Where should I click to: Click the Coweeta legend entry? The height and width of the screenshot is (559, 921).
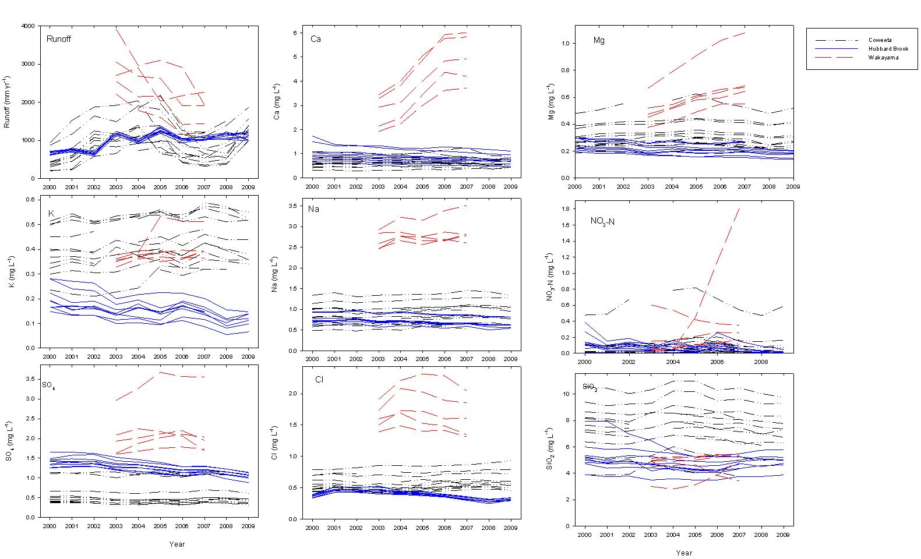[880, 40]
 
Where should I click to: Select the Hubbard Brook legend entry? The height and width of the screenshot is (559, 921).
[888, 49]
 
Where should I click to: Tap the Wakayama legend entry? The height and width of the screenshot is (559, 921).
[883, 58]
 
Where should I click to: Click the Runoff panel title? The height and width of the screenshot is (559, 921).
[59, 39]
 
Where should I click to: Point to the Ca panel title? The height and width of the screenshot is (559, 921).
[316, 39]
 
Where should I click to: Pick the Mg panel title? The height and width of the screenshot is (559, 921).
[599, 40]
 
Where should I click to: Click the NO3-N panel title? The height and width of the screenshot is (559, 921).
[602, 221]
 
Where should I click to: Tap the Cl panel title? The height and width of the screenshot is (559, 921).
[319, 380]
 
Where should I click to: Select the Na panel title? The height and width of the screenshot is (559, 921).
[314, 209]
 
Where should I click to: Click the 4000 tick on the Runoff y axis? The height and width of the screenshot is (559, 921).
[28, 26]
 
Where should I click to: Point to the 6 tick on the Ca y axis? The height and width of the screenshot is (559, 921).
[295, 33]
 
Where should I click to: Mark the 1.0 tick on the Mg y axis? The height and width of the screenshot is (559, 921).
[565, 43]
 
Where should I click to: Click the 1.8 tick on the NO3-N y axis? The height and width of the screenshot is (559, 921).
[565, 208]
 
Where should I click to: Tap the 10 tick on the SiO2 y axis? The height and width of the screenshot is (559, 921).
[566, 394]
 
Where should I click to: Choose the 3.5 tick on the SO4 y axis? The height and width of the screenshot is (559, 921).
[30, 379]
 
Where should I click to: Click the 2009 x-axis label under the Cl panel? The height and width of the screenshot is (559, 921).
[510, 528]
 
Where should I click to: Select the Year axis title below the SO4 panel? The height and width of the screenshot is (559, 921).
[177, 544]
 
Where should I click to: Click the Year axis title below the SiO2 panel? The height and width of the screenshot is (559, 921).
[684, 553]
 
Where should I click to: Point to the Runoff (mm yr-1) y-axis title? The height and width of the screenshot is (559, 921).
[6, 102]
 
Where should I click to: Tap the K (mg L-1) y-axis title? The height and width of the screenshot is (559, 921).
[11, 272]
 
